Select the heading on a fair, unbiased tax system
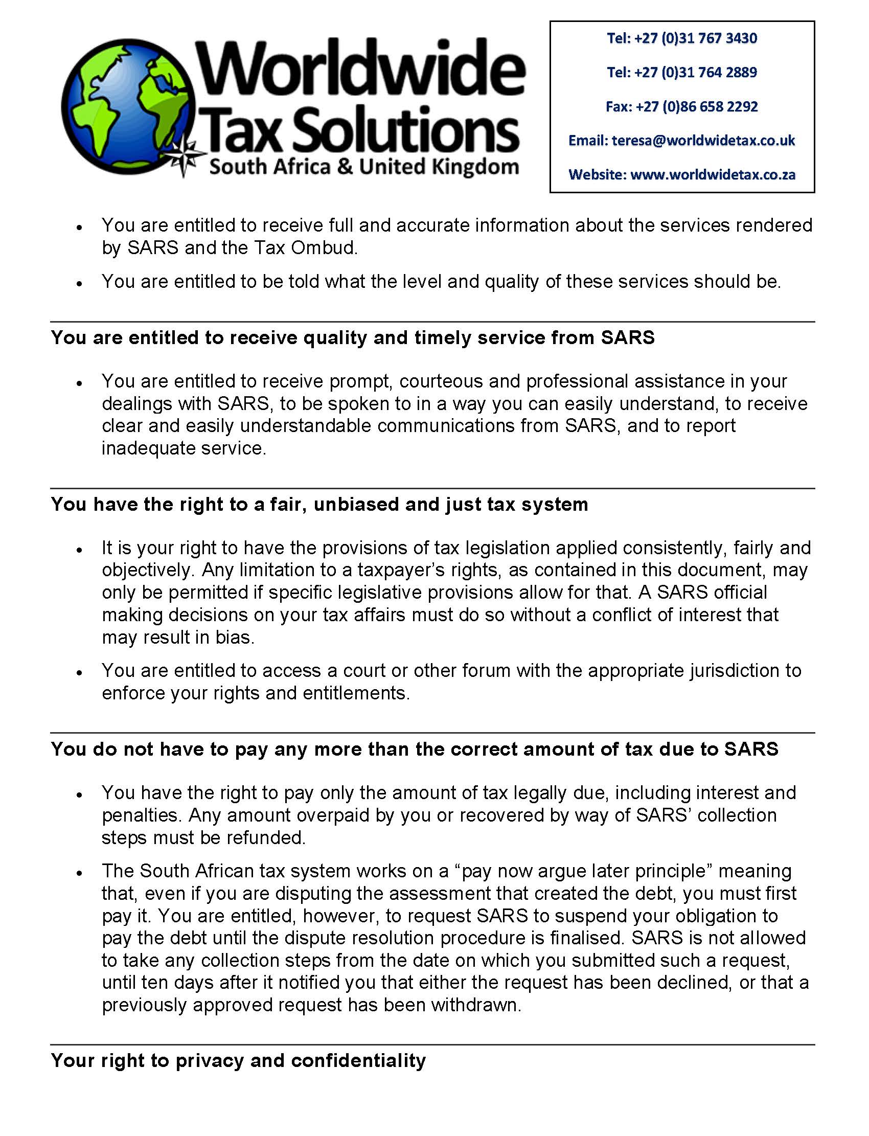click(x=319, y=505)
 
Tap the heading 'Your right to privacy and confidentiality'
click(x=238, y=1060)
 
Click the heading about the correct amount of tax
click(x=415, y=749)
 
